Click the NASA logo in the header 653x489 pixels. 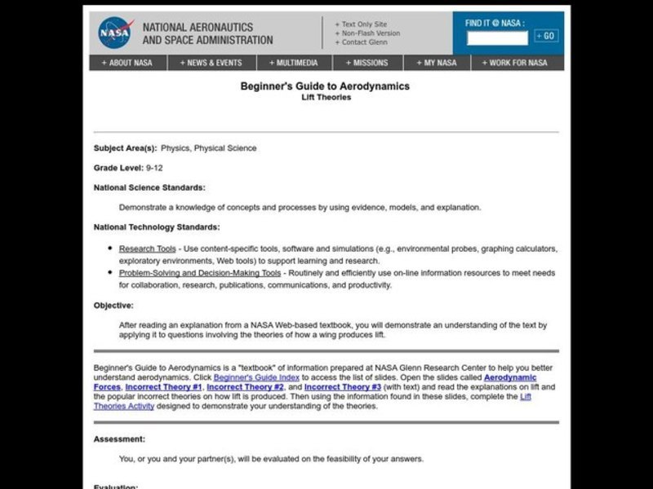114,33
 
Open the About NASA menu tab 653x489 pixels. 127,63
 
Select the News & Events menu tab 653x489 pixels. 211,63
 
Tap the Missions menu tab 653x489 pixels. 366,63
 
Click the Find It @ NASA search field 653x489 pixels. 497,36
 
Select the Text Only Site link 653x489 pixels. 364,24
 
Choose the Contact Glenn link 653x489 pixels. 365,42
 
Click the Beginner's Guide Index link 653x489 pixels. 256,377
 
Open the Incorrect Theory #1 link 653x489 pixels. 163,387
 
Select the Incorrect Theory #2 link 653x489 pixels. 245,387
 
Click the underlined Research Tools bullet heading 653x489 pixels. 147,249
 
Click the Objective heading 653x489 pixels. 113,306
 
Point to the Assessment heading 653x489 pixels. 119,438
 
